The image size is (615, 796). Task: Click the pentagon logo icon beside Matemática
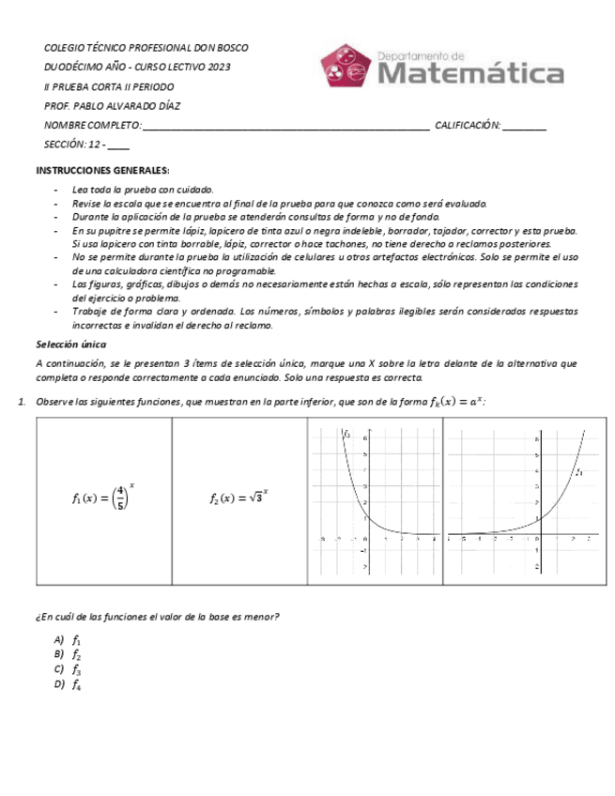pos(346,66)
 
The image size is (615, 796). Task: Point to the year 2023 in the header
pos(218,67)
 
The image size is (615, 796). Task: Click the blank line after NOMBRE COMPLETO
pos(285,126)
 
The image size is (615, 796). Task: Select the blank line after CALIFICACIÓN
pos(525,126)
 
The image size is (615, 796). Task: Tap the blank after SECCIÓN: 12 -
pos(119,145)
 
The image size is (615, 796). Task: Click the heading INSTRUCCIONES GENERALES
pos(102,170)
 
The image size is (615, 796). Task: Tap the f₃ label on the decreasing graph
pos(346,436)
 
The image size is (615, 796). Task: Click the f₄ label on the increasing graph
pos(579,473)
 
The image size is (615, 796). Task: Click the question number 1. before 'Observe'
pos(22,403)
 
